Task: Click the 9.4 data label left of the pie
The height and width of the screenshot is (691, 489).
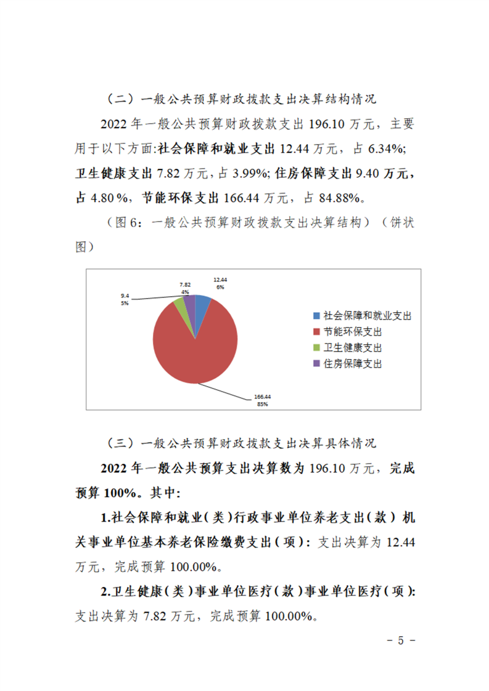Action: click(125, 296)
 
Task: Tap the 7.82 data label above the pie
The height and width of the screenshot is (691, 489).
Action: click(185, 285)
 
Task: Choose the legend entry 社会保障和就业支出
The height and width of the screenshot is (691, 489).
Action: click(367, 315)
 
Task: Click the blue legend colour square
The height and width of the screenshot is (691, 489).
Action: click(317, 315)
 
